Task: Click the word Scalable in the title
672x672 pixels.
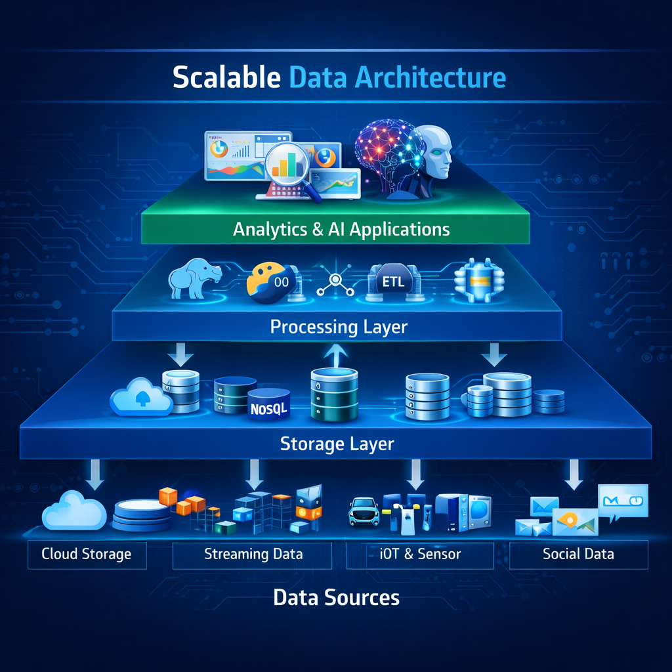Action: [227, 77]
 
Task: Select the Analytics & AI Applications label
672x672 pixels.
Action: [341, 229]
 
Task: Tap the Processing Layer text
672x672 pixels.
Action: [339, 326]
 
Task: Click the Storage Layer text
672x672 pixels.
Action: [337, 444]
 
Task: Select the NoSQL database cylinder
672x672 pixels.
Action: [269, 406]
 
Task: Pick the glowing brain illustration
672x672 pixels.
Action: [387, 151]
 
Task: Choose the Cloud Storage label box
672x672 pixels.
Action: [87, 554]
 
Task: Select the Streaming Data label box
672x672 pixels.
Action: [253, 554]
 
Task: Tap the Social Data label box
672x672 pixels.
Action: [578, 554]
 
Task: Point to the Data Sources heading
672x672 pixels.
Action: [336, 598]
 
